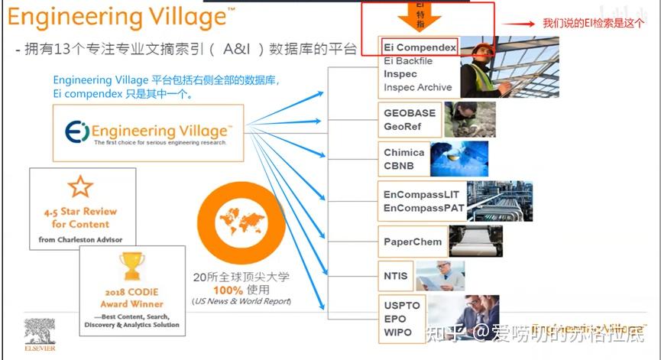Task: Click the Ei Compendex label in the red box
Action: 420,47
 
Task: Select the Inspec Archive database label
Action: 417,87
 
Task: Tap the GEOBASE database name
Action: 410,112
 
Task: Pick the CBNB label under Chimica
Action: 399,165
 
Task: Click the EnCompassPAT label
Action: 423,208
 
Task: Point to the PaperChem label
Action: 413,242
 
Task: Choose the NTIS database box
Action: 396,276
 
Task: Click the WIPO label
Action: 398,332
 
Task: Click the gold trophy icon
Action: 132,267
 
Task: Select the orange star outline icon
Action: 80,186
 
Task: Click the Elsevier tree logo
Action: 39,332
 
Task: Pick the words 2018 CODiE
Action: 131,292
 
